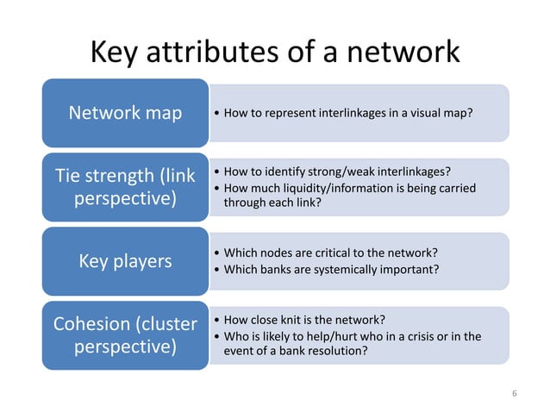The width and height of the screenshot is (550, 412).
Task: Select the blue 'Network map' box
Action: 126,113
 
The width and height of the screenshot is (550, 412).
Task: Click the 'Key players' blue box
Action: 126,260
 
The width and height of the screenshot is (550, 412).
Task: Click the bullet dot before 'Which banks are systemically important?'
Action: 215,270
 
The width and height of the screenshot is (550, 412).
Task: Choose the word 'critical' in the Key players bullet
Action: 329,253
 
